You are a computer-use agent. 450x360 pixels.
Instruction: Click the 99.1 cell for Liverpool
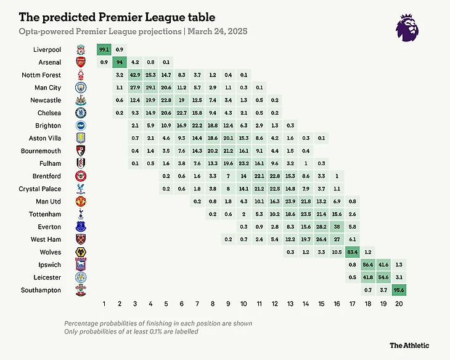[x=104, y=49]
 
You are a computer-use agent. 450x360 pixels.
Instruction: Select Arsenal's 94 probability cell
[x=120, y=62]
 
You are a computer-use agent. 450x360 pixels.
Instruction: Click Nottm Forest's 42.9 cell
[x=135, y=75]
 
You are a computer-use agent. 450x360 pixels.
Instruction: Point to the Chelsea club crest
[x=81, y=113]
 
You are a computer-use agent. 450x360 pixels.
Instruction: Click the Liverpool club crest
[x=81, y=49]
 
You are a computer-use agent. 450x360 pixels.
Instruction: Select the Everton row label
[x=49, y=226]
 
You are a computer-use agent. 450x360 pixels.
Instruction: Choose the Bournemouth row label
[x=44, y=150]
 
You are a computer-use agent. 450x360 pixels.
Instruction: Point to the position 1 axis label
[x=104, y=304]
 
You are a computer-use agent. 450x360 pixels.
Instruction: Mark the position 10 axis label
[x=244, y=304]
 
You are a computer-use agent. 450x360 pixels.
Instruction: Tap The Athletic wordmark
[x=409, y=345]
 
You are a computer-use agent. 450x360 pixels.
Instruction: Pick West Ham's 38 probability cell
[x=337, y=226]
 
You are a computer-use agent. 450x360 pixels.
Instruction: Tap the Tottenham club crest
[x=81, y=214]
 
